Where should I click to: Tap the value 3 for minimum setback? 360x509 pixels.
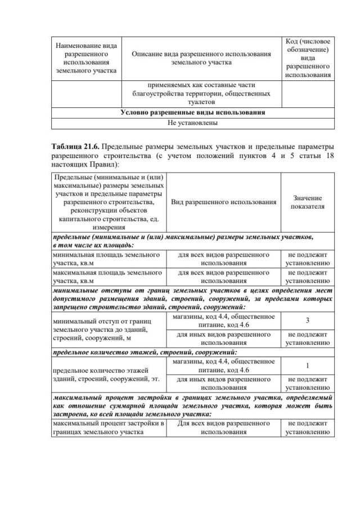click(x=307, y=320)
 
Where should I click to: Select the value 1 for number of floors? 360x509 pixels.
click(x=307, y=366)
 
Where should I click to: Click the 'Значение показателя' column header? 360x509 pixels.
click(x=307, y=202)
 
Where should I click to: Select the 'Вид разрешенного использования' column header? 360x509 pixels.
click(x=223, y=202)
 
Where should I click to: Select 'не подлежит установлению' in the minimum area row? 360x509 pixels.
click(x=307, y=258)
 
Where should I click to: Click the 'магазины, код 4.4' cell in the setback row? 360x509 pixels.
click(x=223, y=320)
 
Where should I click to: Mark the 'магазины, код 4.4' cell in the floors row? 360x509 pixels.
click(x=223, y=366)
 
